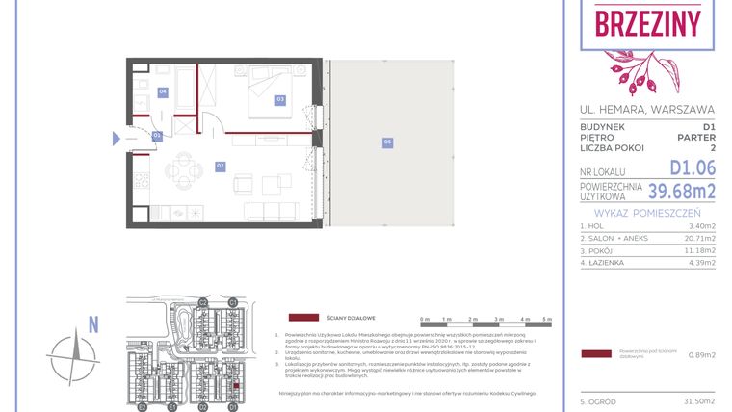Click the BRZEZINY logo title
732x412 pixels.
(x=647, y=23)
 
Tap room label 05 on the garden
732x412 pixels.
(x=387, y=142)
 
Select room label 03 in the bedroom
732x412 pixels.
(x=280, y=99)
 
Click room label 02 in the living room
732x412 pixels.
(x=220, y=167)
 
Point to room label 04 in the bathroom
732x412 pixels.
(x=164, y=91)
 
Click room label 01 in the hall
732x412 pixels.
(x=156, y=137)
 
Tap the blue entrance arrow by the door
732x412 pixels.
(x=117, y=139)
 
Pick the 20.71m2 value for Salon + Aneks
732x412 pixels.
(x=700, y=237)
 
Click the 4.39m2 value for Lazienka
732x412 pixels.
(x=702, y=262)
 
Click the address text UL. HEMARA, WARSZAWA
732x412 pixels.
(x=647, y=109)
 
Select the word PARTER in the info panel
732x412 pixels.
(x=695, y=138)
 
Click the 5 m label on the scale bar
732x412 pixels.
(x=548, y=319)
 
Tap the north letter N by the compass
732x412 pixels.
(x=93, y=325)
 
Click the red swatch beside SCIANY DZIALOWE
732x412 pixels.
(x=304, y=317)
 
